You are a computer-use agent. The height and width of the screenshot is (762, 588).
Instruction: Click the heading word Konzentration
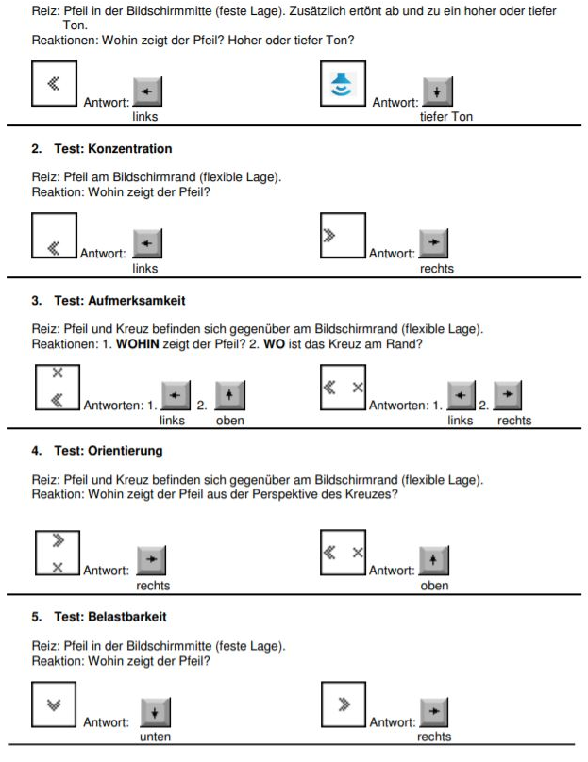[130, 149]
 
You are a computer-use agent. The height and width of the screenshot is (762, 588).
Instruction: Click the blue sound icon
[341, 85]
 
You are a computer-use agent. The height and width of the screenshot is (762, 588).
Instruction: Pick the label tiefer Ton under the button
[446, 117]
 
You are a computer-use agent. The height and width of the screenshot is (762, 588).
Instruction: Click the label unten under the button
[155, 737]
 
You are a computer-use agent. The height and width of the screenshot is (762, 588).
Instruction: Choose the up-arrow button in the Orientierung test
[434, 561]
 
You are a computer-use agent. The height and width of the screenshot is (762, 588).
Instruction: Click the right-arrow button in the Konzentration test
[433, 244]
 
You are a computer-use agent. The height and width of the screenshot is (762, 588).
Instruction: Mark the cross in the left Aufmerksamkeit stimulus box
[57, 373]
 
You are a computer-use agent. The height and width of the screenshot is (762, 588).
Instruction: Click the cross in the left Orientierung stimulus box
[58, 567]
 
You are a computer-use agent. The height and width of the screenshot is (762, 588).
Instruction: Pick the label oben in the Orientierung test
[435, 586]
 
